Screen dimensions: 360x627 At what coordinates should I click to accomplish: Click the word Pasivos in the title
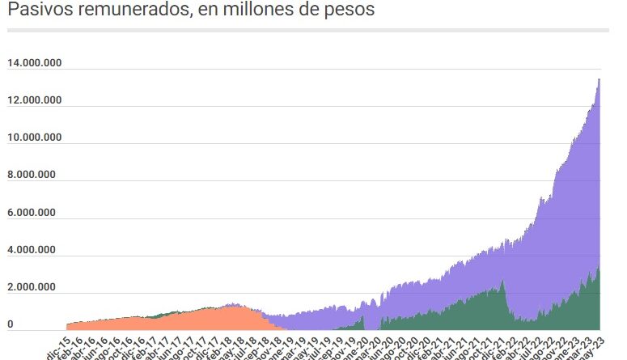click(x=36, y=11)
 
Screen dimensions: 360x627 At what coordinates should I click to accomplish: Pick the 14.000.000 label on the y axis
click(x=35, y=63)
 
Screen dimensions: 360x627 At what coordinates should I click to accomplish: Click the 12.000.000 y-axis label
click(x=35, y=100)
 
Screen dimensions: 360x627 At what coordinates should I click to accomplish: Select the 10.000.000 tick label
click(x=35, y=138)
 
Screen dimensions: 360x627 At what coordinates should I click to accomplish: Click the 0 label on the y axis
click(x=11, y=324)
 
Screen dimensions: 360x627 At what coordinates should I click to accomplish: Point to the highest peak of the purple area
click(x=599, y=79)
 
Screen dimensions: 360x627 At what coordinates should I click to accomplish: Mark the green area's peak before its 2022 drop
click(x=502, y=282)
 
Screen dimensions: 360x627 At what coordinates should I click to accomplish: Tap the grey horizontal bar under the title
click(x=307, y=30)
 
